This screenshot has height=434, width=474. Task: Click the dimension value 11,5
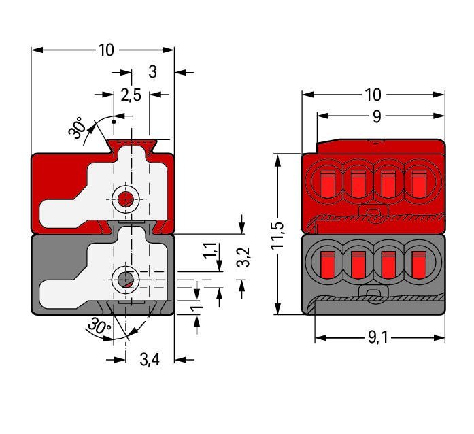[x=277, y=235]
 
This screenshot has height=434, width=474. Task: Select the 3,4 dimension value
[x=149, y=359]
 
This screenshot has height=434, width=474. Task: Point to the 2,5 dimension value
[x=131, y=95]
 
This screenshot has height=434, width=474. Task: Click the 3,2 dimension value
[x=245, y=256]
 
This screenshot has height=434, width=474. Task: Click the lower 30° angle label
[x=99, y=329]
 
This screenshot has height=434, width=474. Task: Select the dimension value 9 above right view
[x=376, y=116]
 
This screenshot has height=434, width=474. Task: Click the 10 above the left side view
[x=106, y=50]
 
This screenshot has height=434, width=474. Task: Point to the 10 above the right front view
[x=373, y=95]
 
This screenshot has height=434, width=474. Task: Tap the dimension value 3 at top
[x=152, y=71]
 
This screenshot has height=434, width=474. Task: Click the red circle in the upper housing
[x=124, y=199]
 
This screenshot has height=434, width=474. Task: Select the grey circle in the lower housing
[x=124, y=279]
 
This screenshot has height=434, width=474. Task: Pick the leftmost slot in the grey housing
[x=325, y=262]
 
